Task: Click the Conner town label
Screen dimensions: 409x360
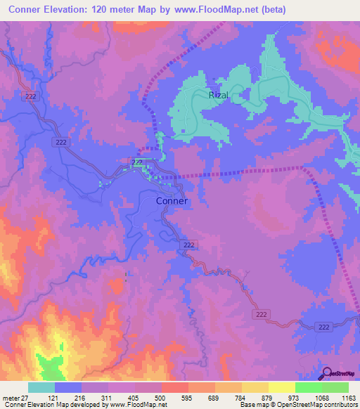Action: (171, 200)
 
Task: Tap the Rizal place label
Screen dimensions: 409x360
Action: (219, 94)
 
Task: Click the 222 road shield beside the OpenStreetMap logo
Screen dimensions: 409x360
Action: (323, 327)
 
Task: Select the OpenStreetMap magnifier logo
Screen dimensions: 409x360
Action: (328, 373)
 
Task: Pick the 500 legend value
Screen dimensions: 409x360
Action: (161, 397)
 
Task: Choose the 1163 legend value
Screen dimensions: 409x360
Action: (347, 397)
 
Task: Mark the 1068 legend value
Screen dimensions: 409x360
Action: (321, 397)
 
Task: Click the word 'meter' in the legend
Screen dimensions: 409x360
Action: (12, 397)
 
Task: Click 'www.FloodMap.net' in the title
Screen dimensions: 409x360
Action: (218, 10)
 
